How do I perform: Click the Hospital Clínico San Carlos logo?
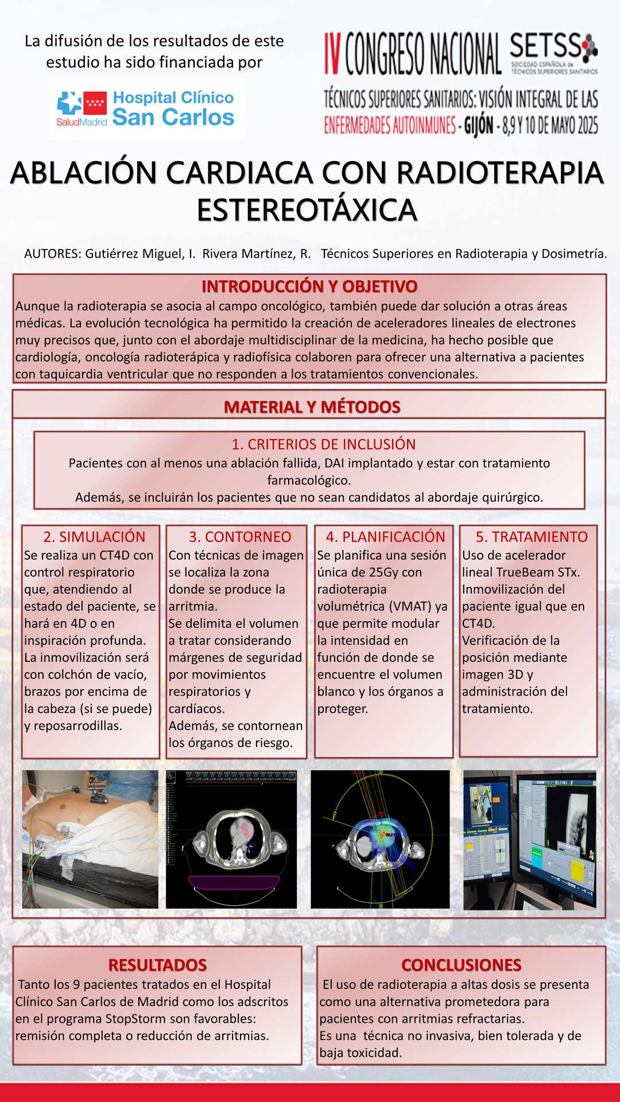tap(146, 108)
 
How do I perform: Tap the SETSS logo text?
tap(545, 47)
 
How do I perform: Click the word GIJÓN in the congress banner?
tap(478, 125)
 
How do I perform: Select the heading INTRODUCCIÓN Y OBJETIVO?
tap(309, 286)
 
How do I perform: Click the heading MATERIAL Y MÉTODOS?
tap(312, 407)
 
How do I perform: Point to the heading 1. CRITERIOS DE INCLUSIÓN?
tap(323, 444)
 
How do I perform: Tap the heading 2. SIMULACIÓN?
tap(94, 537)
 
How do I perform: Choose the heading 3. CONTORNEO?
tap(240, 537)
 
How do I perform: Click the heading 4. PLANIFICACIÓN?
tap(385, 537)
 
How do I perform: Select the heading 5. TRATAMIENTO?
tap(532, 537)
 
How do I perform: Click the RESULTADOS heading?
tap(157, 965)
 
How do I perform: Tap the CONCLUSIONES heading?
tap(462, 965)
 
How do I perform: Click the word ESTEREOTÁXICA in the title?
tap(307, 210)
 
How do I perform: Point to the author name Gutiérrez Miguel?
tap(134, 254)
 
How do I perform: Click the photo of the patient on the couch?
tap(90, 839)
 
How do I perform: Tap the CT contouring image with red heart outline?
tap(231, 839)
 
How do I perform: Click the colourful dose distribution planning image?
tap(380, 839)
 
